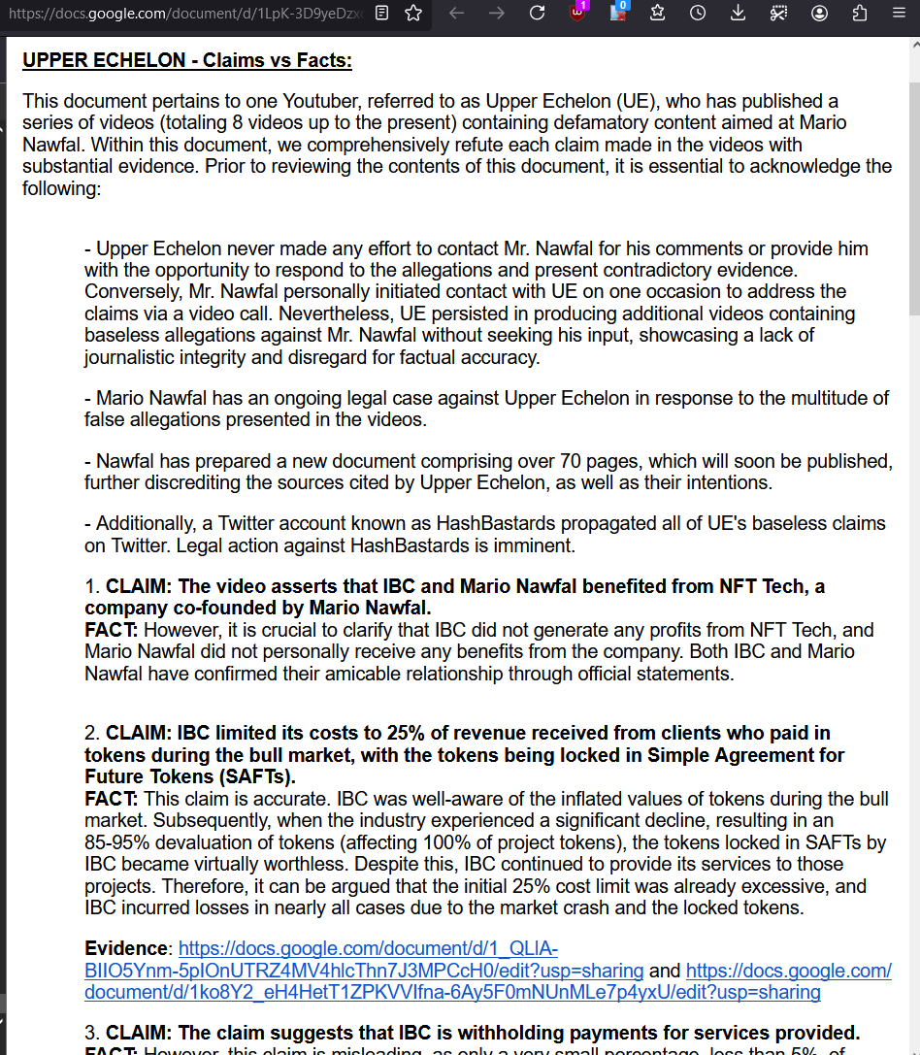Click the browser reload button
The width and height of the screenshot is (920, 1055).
point(537,14)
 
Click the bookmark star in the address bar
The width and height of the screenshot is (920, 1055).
point(413,14)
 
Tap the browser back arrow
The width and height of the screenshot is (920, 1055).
point(457,14)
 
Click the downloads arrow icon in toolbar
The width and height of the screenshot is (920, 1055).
point(738,14)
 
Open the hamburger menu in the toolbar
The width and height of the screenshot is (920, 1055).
point(898,14)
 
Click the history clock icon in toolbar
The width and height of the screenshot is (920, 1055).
point(698,14)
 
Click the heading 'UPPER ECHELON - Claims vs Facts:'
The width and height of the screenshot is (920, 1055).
point(187,61)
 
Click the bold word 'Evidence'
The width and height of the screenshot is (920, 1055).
point(125,948)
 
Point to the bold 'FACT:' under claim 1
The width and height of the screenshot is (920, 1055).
point(111,630)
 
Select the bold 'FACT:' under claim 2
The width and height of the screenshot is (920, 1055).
point(111,799)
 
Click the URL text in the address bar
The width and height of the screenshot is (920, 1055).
point(184,14)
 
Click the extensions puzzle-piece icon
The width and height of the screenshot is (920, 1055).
point(859,14)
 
